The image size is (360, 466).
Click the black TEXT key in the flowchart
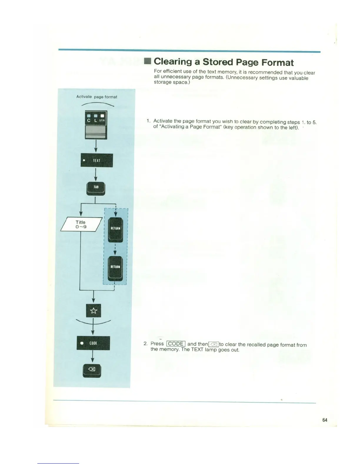pyautogui.click(x=96, y=160)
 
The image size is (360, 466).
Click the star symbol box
pyautogui.click(x=93, y=311)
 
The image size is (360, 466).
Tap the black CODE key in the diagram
pyautogui.click(x=93, y=343)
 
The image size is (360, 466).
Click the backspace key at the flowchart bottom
pyautogui.click(x=92, y=370)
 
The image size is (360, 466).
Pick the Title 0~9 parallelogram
pyautogui.click(x=81, y=224)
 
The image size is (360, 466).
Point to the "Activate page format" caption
pyautogui.click(x=96, y=97)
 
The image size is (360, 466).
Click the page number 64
pyautogui.click(x=325, y=420)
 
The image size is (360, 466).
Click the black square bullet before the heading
pyautogui.click(x=148, y=61)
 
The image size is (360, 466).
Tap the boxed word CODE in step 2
pyautogui.click(x=176, y=344)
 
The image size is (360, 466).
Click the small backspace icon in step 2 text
pyautogui.click(x=214, y=344)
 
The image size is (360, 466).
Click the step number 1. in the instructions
pyautogui.click(x=149, y=121)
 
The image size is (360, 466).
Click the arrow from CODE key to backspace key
pyautogui.click(x=93, y=357)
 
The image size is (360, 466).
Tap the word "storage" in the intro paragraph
pyautogui.click(x=163, y=82)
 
